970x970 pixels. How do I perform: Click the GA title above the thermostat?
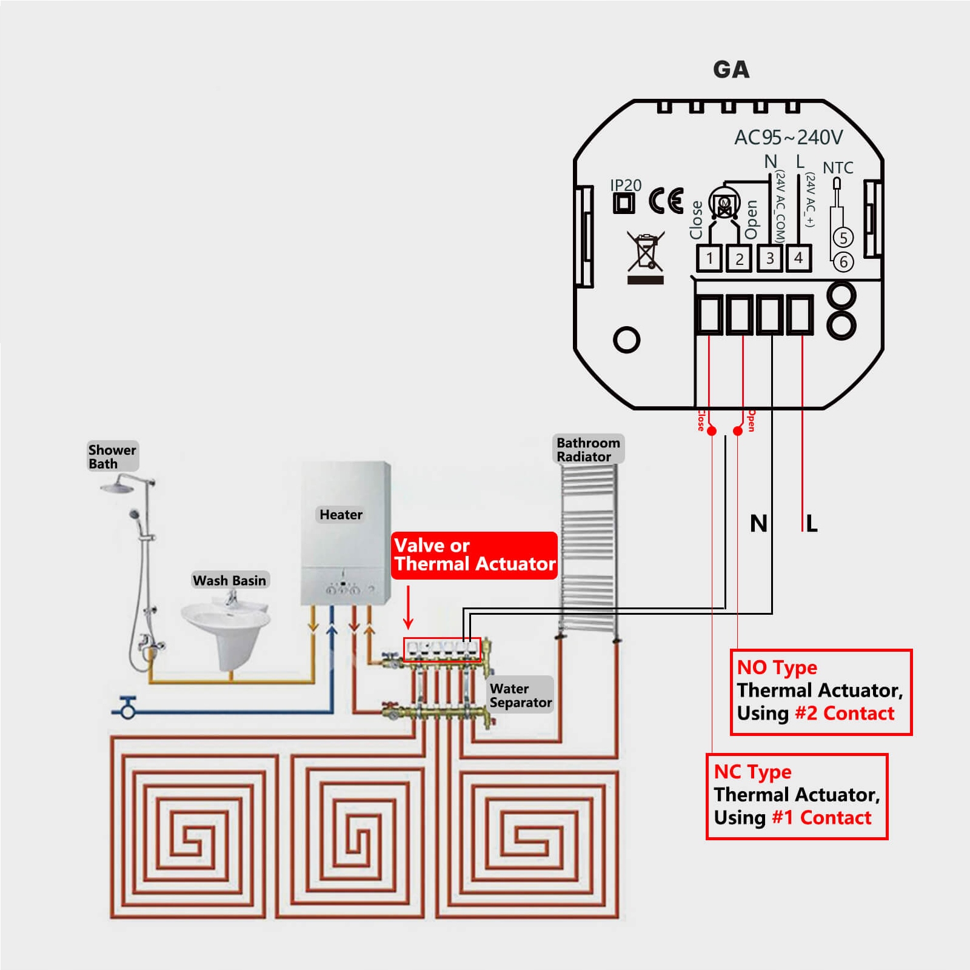(731, 70)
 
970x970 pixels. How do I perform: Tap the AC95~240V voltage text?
(788, 138)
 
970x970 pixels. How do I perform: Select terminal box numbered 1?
(709, 259)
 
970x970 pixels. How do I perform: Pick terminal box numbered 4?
(798, 258)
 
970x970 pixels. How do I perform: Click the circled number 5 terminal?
(843, 238)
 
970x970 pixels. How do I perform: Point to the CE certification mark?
(666, 201)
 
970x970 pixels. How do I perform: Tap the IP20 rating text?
(625, 185)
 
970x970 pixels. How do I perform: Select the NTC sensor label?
(838, 168)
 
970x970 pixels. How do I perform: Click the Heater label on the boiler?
(341, 515)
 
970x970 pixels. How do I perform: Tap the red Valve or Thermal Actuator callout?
(474, 555)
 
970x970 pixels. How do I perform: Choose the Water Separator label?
(520, 695)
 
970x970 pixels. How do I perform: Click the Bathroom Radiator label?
(587, 450)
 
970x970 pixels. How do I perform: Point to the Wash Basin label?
(229, 580)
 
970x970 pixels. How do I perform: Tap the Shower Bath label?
(112, 457)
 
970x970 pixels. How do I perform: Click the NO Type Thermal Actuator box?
(821, 692)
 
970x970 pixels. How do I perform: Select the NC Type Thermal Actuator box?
(797, 796)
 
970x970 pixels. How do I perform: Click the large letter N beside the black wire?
(758, 524)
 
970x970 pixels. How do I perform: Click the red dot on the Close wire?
(712, 431)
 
